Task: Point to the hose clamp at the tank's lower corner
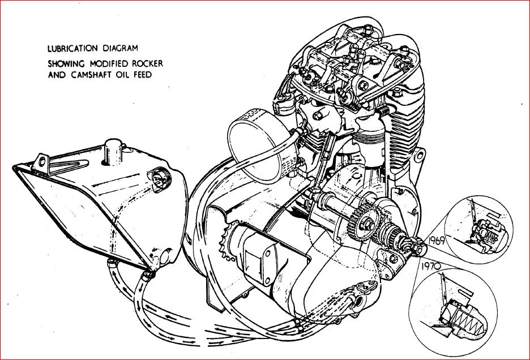[x=148, y=274]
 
